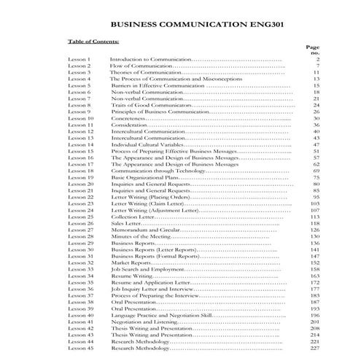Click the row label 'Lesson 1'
click(79, 59)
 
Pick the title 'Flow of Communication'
click(136, 66)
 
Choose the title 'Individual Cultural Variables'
click(144, 145)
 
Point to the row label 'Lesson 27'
click(80, 230)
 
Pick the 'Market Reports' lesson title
click(129, 263)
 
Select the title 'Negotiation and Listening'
click(142, 322)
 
